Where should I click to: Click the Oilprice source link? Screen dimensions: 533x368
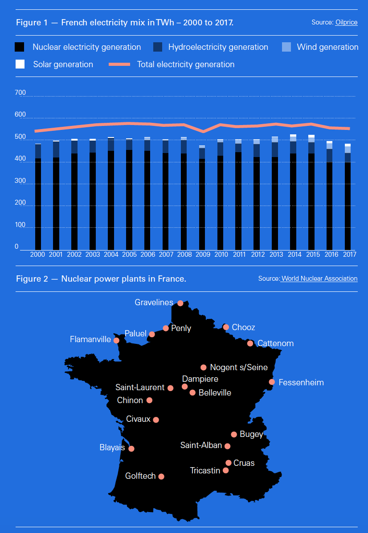346,22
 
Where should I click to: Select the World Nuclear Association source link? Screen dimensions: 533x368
319,279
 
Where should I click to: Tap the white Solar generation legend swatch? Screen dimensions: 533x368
20,64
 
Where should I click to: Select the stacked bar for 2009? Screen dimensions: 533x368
202,198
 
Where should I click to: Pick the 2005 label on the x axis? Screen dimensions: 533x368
129,254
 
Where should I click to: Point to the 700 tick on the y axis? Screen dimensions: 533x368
20,93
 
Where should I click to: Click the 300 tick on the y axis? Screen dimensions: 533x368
20,181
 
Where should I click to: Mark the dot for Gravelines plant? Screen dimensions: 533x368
180,303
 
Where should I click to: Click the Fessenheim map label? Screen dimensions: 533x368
301,383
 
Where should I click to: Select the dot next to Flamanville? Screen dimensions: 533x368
116,340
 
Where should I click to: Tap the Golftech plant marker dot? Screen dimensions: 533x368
161,476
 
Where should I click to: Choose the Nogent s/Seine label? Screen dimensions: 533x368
239,367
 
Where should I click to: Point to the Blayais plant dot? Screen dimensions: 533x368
131,448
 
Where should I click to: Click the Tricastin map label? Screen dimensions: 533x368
205,470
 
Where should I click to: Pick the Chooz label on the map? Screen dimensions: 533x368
244,327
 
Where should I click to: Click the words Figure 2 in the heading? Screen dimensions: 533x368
32,279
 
